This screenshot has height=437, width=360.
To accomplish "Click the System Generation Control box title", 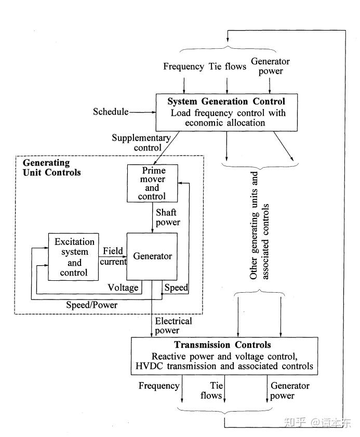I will click(x=226, y=102).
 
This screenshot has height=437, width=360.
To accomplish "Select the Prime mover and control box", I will click(x=152, y=183).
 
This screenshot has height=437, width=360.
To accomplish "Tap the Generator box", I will click(x=152, y=256).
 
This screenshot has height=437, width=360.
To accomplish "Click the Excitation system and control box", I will click(x=74, y=257).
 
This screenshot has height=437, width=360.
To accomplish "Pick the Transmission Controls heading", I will click(x=222, y=345).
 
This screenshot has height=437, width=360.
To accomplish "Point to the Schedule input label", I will click(x=110, y=112).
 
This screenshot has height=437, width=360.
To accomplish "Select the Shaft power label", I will click(x=167, y=217).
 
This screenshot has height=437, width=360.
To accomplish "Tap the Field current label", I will click(x=114, y=256).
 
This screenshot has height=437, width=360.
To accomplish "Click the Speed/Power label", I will click(x=91, y=305).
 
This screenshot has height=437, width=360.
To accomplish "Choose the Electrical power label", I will click(x=174, y=325).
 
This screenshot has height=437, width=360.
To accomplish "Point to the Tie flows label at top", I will click(x=228, y=66).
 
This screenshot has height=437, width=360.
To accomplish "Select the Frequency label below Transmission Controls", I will click(x=159, y=386).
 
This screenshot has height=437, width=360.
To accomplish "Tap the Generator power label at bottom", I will click(x=289, y=391).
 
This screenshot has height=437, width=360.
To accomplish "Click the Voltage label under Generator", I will click(x=123, y=288).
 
